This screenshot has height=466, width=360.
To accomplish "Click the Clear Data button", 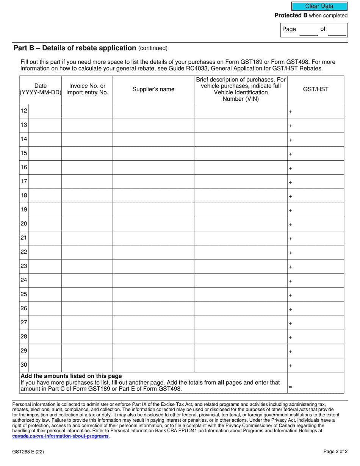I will tap(319, 6).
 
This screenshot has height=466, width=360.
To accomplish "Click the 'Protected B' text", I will tap(291, 16).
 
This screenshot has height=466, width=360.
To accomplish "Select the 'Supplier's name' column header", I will tap(153, 89).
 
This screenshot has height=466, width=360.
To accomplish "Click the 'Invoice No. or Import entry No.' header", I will tap(87, 89).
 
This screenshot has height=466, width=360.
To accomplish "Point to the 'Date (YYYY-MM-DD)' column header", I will tap(41, 89).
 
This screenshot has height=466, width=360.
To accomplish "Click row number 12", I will tap(24, 111).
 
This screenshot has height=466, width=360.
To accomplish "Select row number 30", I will tap(24, 365).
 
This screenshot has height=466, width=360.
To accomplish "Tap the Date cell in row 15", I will tap(45, 153).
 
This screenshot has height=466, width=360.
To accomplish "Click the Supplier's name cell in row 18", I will tap(153, 196).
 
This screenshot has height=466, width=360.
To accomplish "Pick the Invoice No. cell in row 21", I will tap(87, 238).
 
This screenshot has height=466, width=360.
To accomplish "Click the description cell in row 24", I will tap(241, 280).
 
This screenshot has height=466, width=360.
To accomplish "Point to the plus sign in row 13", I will tap(290, 126).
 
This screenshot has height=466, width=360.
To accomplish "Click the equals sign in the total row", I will tap(290, 387).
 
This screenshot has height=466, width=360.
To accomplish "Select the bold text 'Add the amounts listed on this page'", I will tap(71, 376).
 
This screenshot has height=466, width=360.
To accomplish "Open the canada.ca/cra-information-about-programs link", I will tap(60, 436).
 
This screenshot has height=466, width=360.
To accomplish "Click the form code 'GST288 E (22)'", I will tap(28, 452).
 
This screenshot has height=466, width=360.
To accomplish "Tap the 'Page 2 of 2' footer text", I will tap(335, 452).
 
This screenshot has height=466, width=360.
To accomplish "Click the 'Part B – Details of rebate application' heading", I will tap(75, 48).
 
